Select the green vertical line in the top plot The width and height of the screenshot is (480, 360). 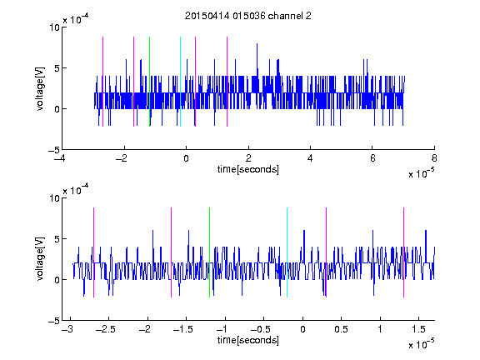(x=149, y=82)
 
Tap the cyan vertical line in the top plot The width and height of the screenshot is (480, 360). (x=180, y=82)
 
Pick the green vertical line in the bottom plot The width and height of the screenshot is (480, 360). (x=209, y=252)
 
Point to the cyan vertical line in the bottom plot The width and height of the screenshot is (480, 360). (x=287, y=252)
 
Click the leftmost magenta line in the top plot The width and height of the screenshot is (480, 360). (x=102, y=82)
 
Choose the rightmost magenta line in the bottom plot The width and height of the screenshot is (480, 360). (x=403, y=252)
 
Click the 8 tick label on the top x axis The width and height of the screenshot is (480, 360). (x=434, y=158)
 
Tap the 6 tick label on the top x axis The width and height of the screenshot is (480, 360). (x=372, y=158)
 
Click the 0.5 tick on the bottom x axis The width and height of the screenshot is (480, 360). (x=341, y=329)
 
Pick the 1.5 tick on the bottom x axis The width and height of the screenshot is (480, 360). (x=418, y=329)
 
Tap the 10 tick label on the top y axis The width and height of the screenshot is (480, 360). (x=55, y=27)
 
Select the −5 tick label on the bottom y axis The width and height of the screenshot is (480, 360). (x=54, y=321)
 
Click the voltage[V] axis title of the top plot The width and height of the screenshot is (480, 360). (x=40, y=88)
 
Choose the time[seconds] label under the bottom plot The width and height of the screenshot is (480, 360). (x=248, y=340)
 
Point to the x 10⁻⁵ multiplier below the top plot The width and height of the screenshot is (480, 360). (x=421, y=173)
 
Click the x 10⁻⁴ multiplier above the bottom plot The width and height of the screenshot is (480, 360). (x=76, y=190)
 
